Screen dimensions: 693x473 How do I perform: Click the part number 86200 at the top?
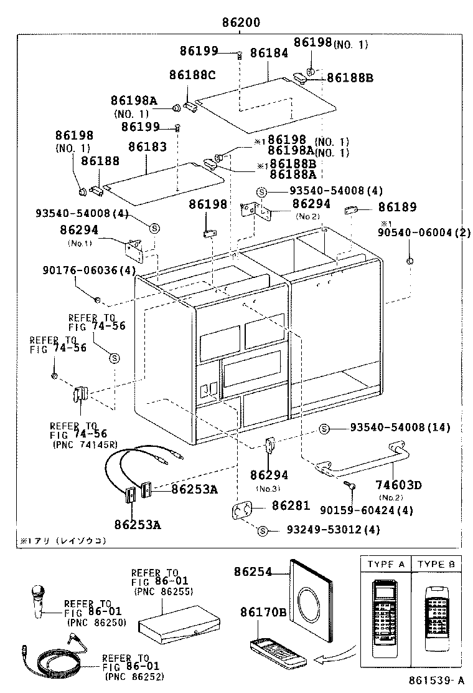pyautogui.click(x=240, y=23)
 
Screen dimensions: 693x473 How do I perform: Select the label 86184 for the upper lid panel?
pyautogui.click(x=269, y=54)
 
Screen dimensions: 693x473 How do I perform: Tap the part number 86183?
pyautogui.click(x=148, y=148)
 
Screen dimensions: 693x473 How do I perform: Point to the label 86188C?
pyautogui.click(x=192, y=75)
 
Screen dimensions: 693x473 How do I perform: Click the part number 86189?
pyautogui.click(x=398, y=208)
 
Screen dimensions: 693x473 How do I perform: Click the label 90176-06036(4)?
pyautogui.click(x=89, y=270)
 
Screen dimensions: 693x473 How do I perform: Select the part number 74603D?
pyautogui.click(x=398, y=485)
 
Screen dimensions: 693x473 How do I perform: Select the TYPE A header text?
pyautogui.click(x=386, y=565)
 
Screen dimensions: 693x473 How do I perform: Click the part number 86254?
pyautogui.click(x=253, y=571)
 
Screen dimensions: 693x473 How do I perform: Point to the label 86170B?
pyautogui.click(x=263, y=613)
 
